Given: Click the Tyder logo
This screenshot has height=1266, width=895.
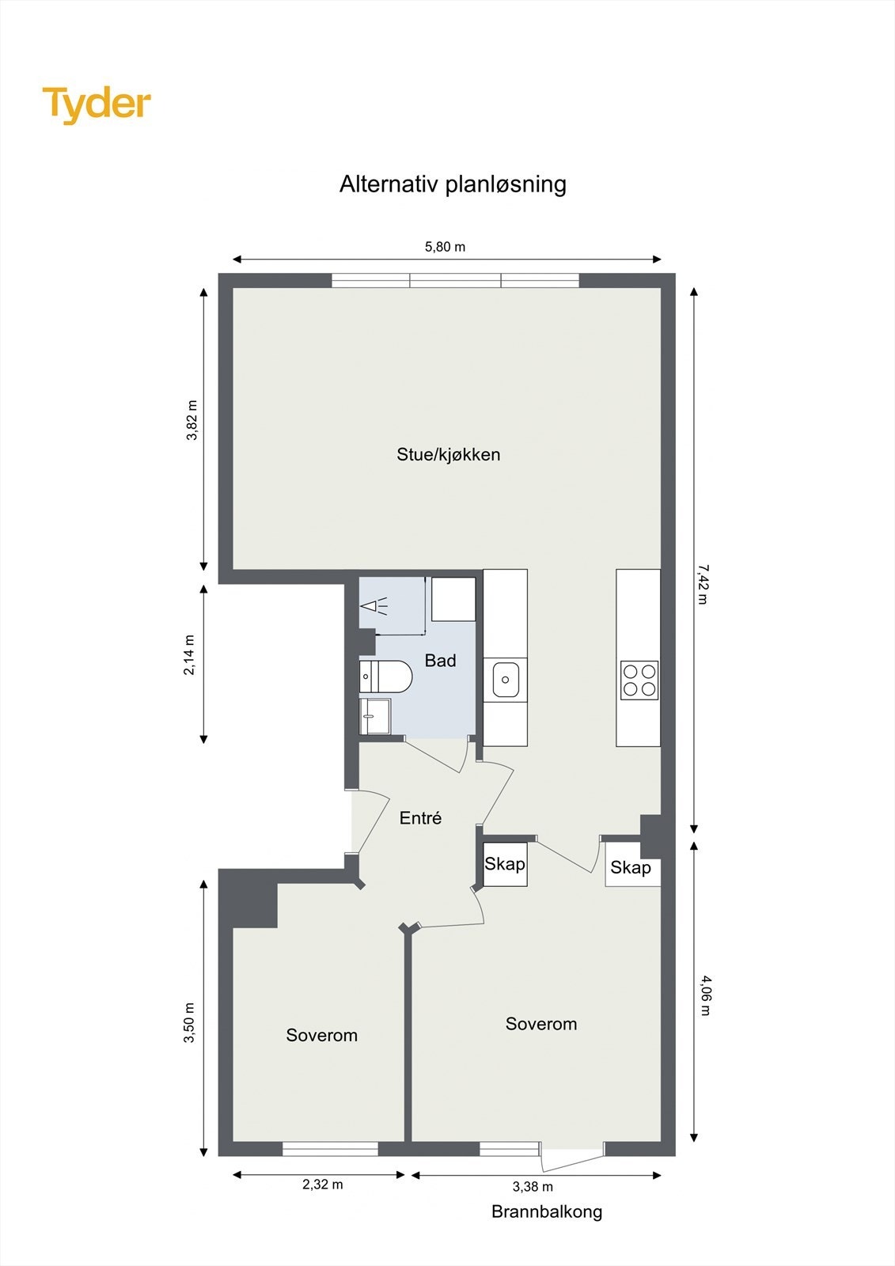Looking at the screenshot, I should pos(97,104).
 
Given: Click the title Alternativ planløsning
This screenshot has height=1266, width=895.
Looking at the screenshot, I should pos(453,184).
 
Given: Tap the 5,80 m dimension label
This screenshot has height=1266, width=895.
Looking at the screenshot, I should pos(445,247).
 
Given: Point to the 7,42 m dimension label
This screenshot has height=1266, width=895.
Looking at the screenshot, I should pos(702,584).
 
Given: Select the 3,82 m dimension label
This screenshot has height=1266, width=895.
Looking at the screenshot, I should pos(192,420).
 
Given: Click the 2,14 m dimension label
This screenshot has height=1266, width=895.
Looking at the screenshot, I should pos(189,655).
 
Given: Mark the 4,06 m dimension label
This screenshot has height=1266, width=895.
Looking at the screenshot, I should pos(706,995).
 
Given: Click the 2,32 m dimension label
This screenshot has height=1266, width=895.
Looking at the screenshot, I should pos(322,1185).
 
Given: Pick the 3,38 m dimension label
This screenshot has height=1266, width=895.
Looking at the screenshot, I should pos(533,1186).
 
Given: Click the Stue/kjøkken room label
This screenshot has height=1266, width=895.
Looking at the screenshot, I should pos(448,455).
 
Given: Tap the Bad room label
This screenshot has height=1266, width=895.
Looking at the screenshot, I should pos(440,661).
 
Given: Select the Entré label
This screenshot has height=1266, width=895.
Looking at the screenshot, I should pos(420,818).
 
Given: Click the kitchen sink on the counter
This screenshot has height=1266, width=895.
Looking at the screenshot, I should pos(505,680).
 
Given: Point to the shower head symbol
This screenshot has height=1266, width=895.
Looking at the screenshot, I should pos(373,608).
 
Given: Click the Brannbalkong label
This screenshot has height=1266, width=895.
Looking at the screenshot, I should pos(546,1211).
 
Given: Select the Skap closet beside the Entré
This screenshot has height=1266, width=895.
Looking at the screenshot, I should pos(505,864).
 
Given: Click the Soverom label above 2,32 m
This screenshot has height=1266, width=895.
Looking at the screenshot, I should pos(321,1035).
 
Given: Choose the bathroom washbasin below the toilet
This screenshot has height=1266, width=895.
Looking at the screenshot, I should pos(374,715).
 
